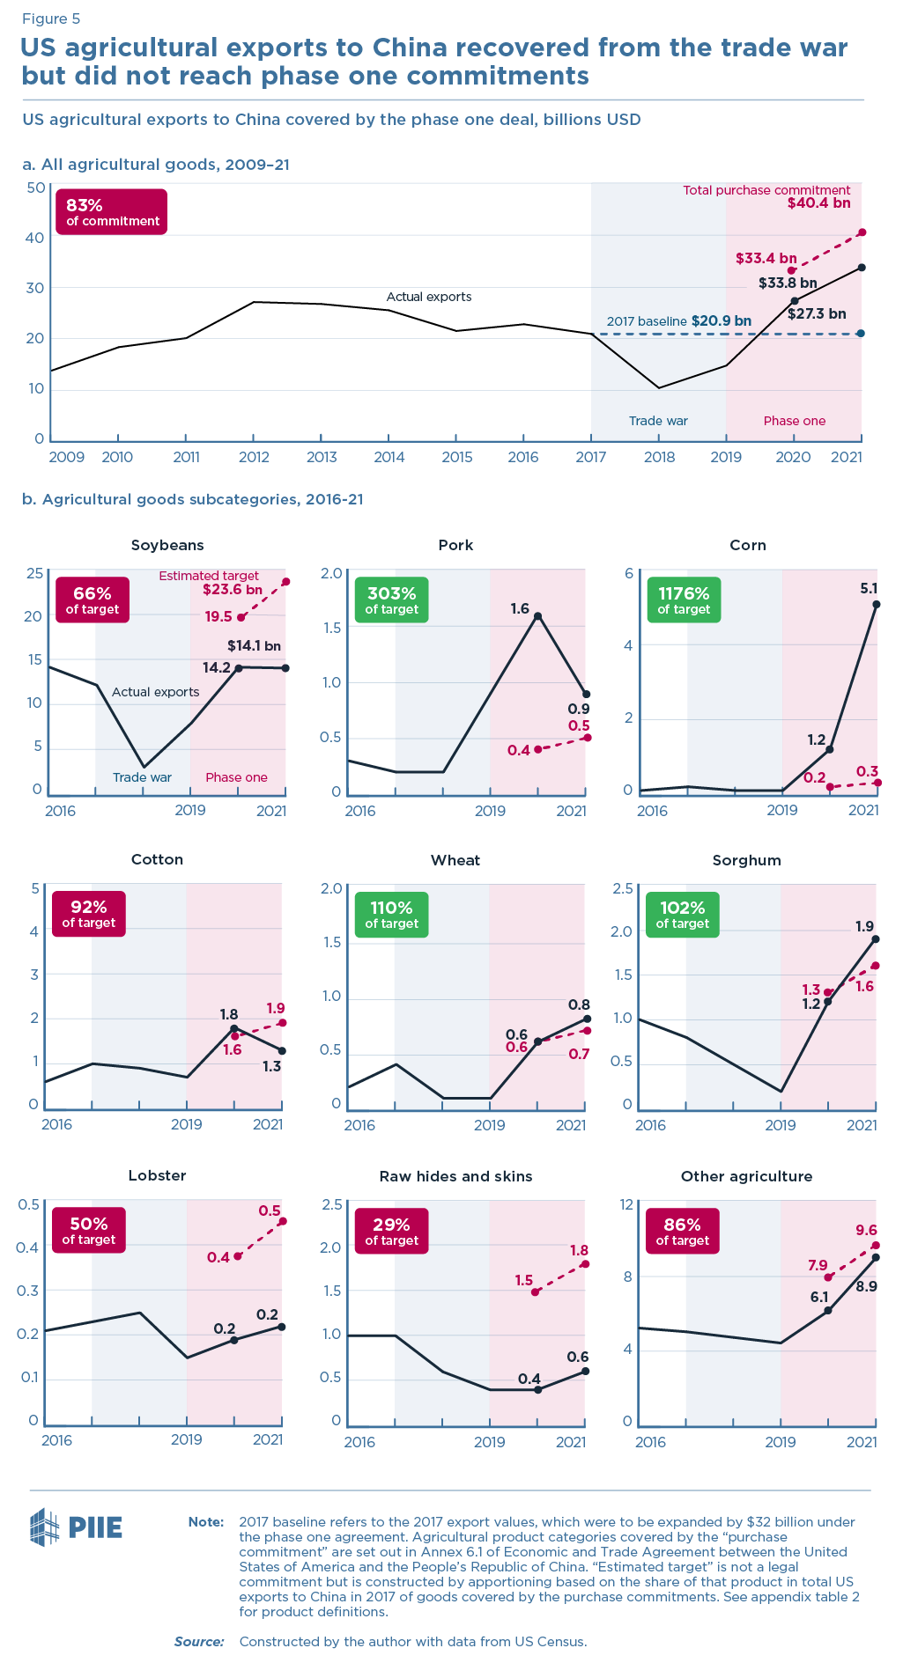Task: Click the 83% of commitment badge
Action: tap(110, 212)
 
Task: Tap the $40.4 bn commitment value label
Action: tap(818, 203)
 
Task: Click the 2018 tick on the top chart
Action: tap(659, 457)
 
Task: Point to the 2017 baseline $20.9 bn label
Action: tap(678, 321)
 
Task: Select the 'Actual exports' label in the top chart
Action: tap(429, 297)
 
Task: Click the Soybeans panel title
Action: tap(167, 545)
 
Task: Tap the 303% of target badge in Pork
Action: tap(391, 600)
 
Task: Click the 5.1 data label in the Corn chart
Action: tap(869, 588)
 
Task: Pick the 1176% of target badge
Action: tap(684, 600)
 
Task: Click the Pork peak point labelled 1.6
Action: tap(537, 616)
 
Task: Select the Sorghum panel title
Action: tap(746, 860)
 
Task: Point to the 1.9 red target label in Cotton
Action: tap(276, 1008)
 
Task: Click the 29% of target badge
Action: tap(391, 1231)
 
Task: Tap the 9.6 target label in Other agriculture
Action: tap(866, 1230)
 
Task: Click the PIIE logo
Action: tap(76, 1526)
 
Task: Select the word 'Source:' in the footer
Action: tap(199, 1641)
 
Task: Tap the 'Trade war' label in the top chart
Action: tap(658, 421)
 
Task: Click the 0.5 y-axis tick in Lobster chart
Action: tap(29, 1204)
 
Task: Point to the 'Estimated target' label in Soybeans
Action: tap(209, 576)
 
